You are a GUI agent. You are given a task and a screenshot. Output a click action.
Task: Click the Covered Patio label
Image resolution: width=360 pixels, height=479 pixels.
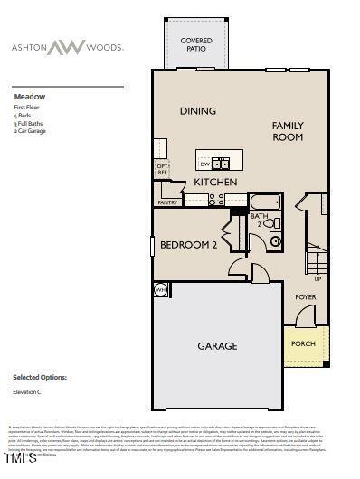(196, 45)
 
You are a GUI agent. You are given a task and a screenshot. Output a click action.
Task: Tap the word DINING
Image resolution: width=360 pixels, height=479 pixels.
(197, 111)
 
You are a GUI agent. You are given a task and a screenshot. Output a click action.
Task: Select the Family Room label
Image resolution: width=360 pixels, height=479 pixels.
(288, 131)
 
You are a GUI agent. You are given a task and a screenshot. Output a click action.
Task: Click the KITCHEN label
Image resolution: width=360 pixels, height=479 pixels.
(215, 183)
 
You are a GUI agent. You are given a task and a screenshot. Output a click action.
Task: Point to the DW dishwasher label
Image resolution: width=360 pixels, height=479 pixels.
(205, 164)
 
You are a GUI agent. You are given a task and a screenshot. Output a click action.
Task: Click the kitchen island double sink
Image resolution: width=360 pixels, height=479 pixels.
(222, 164)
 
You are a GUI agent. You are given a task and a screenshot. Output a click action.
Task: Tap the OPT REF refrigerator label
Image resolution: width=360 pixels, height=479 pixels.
(163, 170)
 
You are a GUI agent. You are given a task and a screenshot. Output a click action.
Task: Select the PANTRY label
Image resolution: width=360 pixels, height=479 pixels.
(167, 203)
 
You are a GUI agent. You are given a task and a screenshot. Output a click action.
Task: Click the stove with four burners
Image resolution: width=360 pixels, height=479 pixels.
(217, 200)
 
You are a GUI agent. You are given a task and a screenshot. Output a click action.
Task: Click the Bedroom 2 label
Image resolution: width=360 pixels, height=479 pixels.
(189, 245)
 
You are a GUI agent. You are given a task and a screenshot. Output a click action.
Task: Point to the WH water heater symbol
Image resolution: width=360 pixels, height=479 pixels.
(161, 289)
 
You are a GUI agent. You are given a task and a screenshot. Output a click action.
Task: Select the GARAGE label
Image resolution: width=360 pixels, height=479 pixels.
(218, 345)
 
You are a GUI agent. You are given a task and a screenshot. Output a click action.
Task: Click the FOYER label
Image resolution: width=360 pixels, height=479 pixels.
(305, 296)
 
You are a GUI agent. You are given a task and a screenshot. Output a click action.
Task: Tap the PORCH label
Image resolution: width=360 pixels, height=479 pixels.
(303, 343)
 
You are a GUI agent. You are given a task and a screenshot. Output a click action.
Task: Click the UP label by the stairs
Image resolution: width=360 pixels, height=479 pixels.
(317, 278)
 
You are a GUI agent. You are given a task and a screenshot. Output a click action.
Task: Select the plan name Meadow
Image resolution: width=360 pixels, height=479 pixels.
(28, 96)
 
